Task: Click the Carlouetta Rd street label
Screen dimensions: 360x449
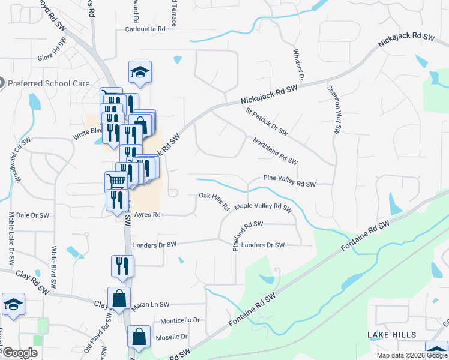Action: point(145,29)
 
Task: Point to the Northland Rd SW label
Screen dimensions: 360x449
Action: point(275,149)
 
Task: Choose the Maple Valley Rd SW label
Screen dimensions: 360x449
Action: point(263,207)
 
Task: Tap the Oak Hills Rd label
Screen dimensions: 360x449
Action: point(215,200)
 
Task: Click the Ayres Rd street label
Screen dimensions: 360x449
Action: point(148,214)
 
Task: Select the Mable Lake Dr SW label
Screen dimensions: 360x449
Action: point(11,239)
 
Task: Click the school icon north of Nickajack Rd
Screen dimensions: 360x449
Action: point(140,74)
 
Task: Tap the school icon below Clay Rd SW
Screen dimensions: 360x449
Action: point(13,305)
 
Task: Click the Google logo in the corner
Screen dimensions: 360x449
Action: point(20,352)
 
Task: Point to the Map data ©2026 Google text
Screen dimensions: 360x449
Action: point(411,355)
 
